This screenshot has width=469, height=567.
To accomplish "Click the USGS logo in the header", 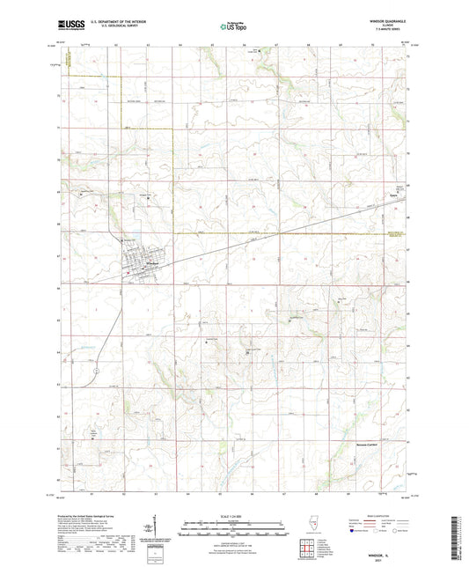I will (66, 26).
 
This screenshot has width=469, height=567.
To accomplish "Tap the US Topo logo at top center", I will (231, 27).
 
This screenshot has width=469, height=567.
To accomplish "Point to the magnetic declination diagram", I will (148, 530).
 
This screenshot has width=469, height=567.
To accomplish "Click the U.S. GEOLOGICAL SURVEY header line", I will (112, 28).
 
